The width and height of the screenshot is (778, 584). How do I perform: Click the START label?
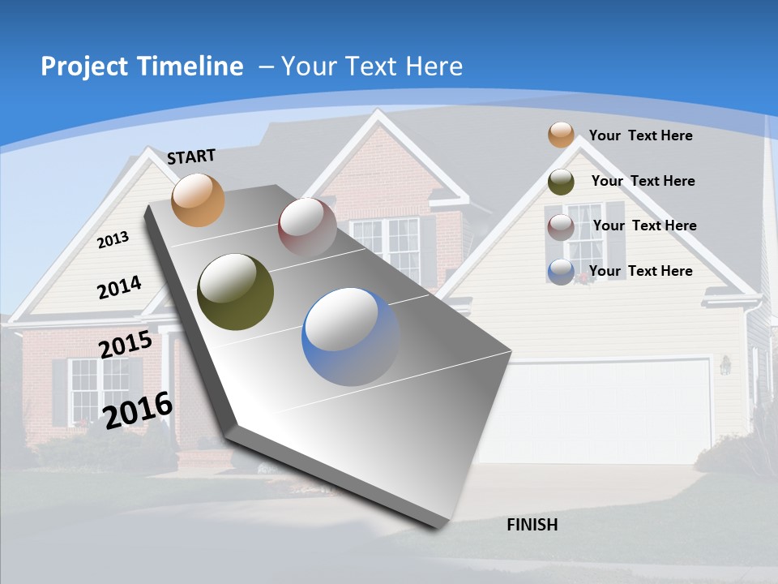191,156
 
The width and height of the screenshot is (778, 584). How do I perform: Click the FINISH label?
532,525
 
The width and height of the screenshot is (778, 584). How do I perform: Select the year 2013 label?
113,239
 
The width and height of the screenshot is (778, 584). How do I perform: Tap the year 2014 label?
120,287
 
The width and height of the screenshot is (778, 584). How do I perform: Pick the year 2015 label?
126,345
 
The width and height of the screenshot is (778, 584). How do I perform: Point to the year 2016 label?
139,410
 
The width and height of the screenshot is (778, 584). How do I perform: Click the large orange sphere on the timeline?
199,200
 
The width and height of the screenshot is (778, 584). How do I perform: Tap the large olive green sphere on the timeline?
235,292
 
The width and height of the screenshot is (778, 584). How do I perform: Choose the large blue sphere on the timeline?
351,337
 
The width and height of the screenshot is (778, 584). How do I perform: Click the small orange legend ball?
561,135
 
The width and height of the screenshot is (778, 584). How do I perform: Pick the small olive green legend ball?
561,182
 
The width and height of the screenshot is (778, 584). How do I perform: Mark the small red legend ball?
561,227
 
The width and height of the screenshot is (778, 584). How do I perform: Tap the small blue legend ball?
561,272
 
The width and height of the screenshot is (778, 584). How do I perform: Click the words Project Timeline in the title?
142,67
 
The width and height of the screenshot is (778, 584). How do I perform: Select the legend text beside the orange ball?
641,135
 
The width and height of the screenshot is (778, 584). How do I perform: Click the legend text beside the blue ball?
641,271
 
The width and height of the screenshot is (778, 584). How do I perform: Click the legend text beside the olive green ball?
643,181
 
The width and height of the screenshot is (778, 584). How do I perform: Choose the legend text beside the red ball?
645,225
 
